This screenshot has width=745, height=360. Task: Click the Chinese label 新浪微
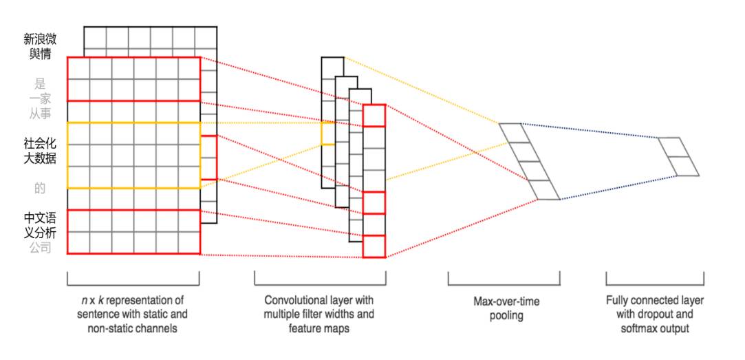tap(40, 39)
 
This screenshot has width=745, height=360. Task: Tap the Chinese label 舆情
tap(40, 54)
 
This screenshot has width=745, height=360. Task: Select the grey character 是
tap(40, 85)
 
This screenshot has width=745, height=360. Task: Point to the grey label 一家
tap(40, 99)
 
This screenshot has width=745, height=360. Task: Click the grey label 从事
tap(40, 114)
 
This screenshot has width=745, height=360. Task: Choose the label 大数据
tap(40, 158)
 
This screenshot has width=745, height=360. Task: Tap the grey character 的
tap(40, 188)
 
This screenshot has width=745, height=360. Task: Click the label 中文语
tap(40, 218)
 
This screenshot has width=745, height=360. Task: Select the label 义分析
tap(40, 233)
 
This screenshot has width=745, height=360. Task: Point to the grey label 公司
tap(40, 247)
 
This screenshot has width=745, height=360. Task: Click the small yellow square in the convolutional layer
tap(328, 134)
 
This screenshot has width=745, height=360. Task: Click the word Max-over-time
tap(506, 301)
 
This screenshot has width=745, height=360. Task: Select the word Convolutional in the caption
tap(293, 301)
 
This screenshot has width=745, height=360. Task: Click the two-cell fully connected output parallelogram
tap(678, 156)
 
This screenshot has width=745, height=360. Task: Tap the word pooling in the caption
tap(506, 316)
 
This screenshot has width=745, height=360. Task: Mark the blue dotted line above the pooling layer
tap(589, 131)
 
